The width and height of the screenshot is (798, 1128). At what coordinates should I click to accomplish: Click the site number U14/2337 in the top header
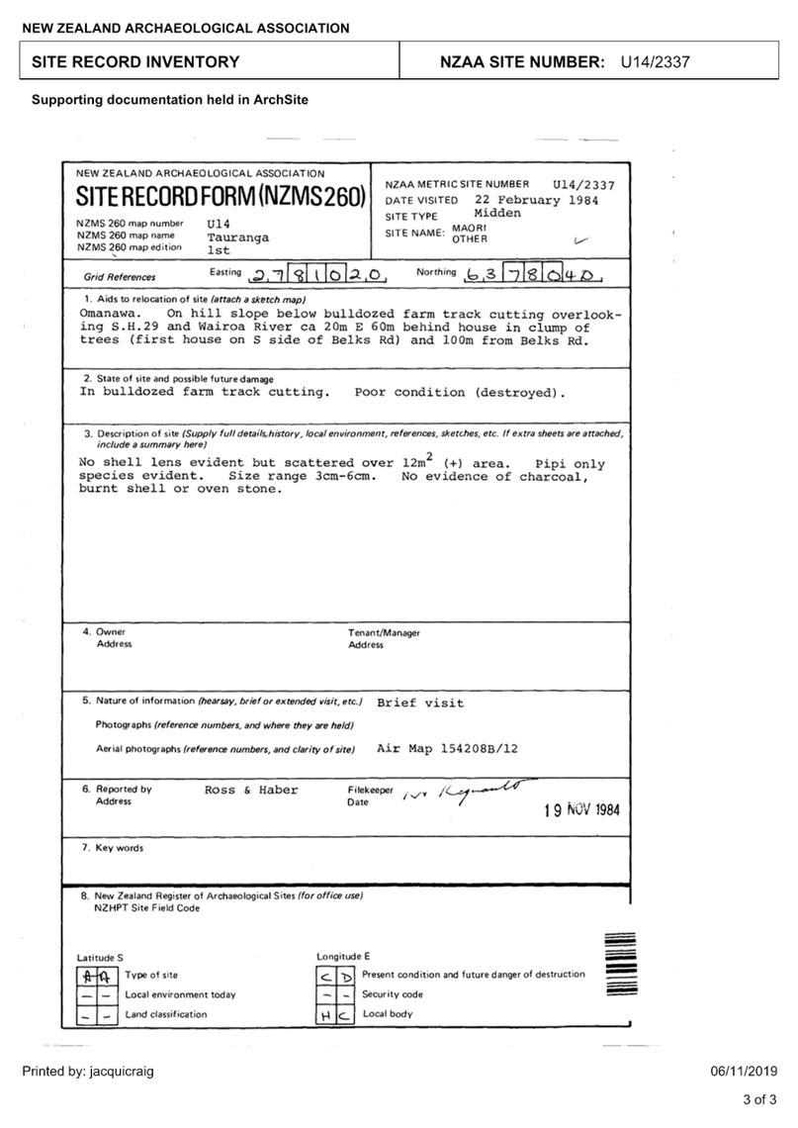655,62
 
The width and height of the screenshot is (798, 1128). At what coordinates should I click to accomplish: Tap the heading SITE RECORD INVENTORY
135,62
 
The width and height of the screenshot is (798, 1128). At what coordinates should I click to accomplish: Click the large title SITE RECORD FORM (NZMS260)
221,196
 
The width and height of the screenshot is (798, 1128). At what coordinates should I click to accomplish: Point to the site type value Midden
497,214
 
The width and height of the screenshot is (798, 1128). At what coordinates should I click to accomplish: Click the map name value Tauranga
237,237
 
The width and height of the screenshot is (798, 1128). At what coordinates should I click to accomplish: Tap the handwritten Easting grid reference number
316,274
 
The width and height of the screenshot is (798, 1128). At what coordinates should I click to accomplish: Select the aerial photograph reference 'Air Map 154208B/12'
447,749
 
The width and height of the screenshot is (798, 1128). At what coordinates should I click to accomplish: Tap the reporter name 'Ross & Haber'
251,790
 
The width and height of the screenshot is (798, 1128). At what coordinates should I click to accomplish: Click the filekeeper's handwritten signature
470,790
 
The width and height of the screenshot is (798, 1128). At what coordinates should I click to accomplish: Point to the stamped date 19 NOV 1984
582,809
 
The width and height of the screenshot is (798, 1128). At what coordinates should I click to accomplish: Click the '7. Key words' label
113,848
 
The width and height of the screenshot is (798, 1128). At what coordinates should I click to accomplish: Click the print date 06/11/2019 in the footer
745,1072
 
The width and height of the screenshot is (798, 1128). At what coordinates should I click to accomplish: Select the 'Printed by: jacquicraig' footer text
88,1072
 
